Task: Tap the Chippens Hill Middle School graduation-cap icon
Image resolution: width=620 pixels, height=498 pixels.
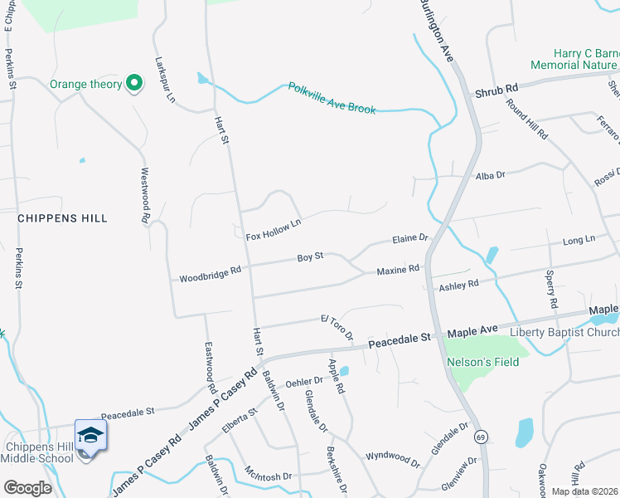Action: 90,435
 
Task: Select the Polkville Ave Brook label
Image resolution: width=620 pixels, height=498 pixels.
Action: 332,98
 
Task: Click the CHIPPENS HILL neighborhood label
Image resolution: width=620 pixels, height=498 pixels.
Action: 63,217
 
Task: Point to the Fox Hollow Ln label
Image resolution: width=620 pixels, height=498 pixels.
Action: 273,230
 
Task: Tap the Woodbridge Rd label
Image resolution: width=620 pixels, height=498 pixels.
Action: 210,273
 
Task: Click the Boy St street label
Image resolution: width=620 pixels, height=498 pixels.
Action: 310,258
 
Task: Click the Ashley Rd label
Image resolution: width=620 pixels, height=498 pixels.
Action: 459,285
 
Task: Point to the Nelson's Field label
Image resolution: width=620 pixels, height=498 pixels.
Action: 482,362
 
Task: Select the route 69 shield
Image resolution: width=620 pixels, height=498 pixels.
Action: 480,436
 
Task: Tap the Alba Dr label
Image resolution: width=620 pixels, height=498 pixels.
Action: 490,175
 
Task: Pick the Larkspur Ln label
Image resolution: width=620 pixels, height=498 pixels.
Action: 166,80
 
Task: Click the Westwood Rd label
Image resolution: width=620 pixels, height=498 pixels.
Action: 144,195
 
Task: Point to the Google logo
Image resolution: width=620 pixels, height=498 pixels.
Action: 27,487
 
